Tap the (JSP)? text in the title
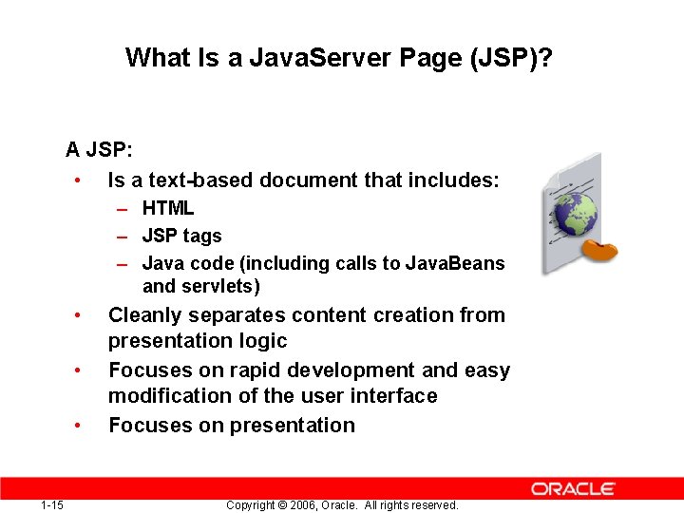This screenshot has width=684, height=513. (x=511, y=59)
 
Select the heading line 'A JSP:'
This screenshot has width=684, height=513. (x=99, y=150)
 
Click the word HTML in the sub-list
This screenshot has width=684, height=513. (x=168, y=208)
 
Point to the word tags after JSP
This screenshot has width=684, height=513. (x=201, y=236)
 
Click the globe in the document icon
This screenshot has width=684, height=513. (x=575, y=215)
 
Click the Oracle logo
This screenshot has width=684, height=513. (x=573, y=488)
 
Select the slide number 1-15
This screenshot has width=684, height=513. (x=52, y=504)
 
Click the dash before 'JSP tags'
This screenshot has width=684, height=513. (x=123, y=236)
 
